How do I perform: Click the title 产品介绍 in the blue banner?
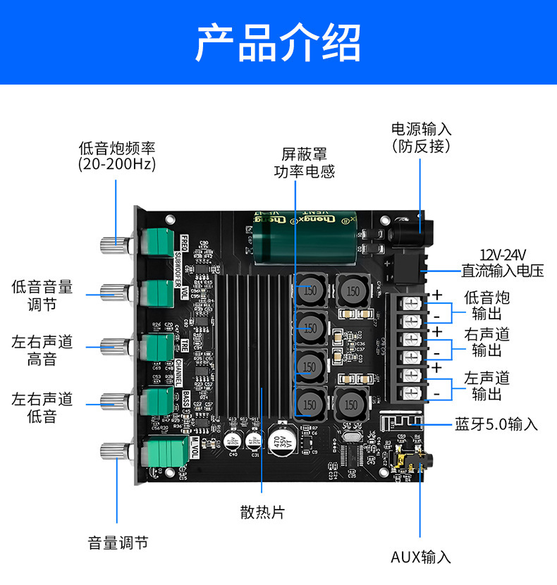tap(278, 42)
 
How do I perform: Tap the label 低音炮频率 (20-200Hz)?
tap(116, 156)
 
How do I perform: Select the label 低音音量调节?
tap(42, 295)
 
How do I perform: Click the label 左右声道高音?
tap(42, 351)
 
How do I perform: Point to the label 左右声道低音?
tap(42, 407)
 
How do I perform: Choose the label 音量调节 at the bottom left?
tap(118, 543)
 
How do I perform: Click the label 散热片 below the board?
tap(262, 512)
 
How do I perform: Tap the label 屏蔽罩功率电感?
tap(304, 162)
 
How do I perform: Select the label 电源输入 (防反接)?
tap(422, 137)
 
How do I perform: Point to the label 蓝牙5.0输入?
tap(496, 424)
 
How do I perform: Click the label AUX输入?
tap(421, 557)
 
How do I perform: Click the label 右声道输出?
tap(487, 342)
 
